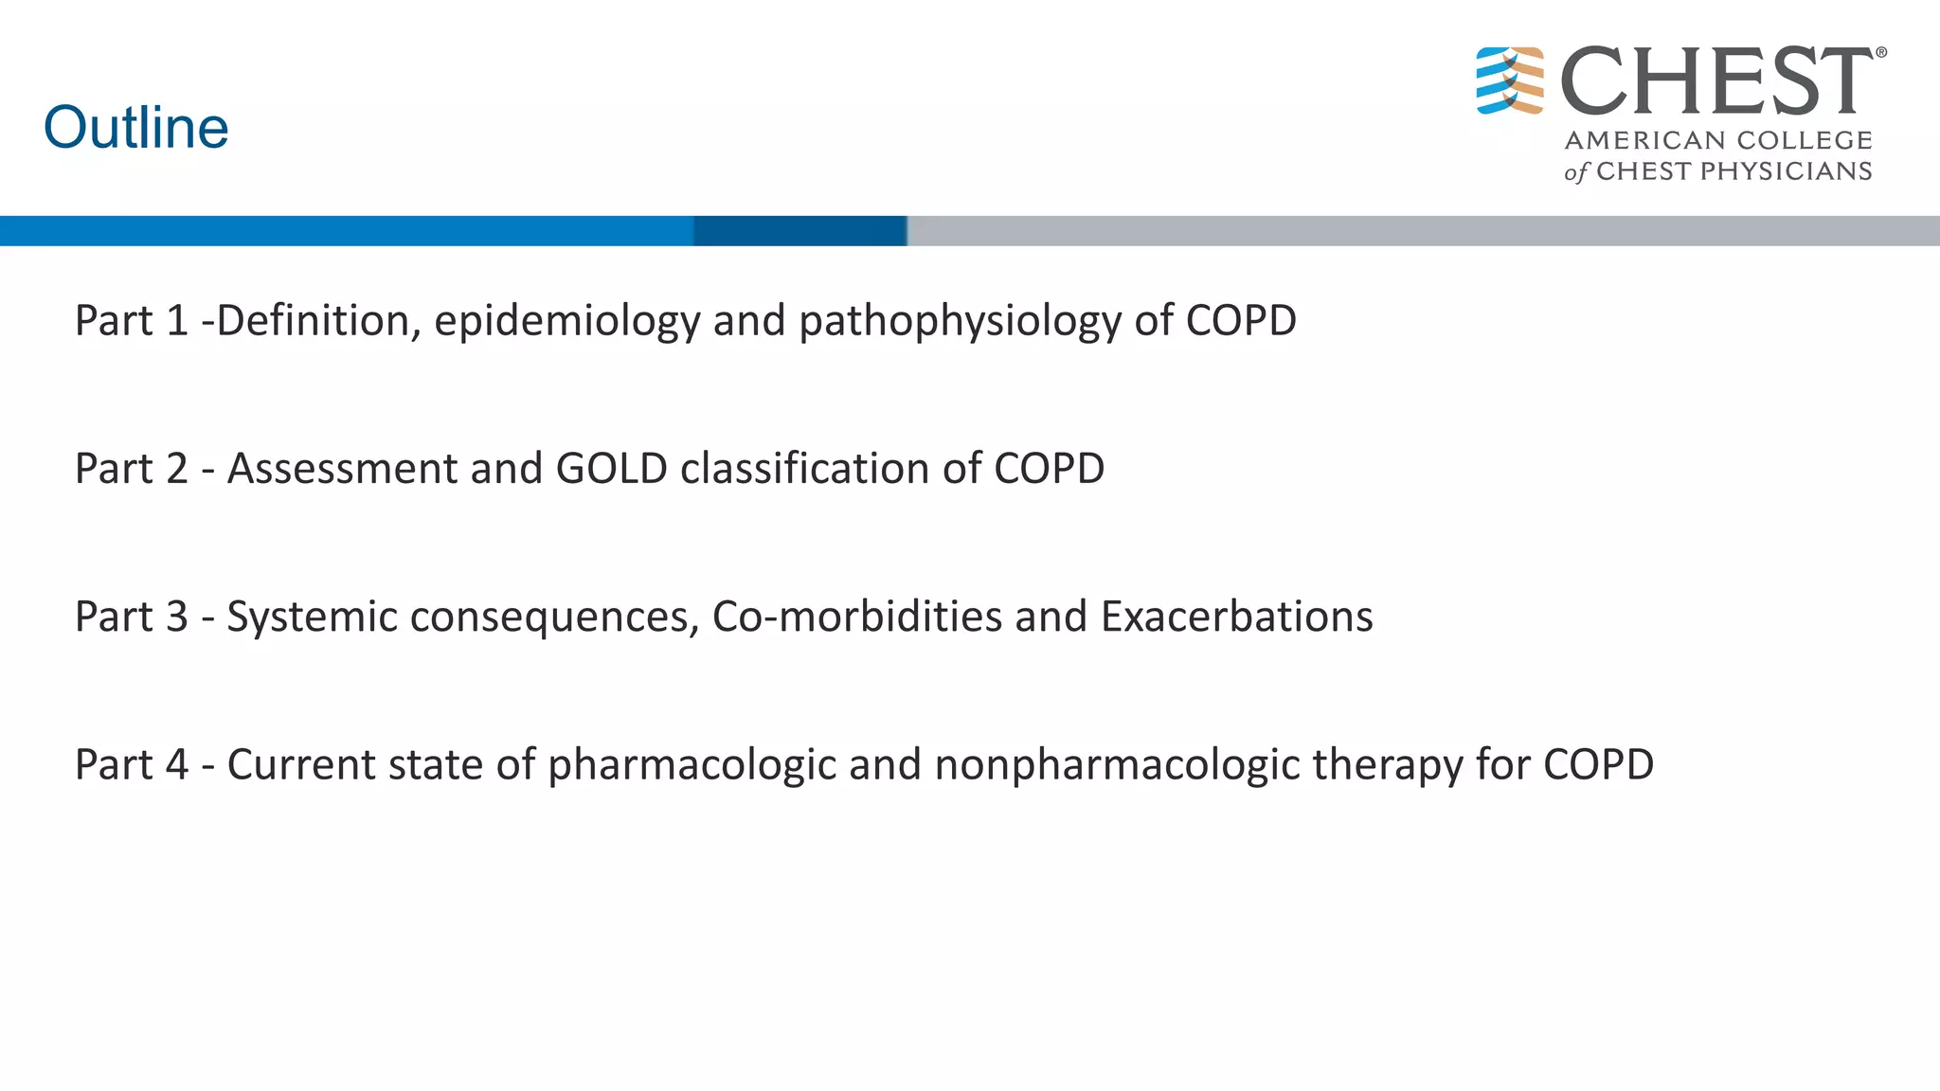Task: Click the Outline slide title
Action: click(136, 128)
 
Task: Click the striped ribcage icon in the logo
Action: click(1510, 80)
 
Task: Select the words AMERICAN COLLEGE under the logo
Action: click(1718, 140)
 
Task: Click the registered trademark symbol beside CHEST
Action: click(1881, 53)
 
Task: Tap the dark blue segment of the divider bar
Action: click(800, 231)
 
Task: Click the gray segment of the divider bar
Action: click(1421, 231)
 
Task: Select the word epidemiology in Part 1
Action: click(567, 321)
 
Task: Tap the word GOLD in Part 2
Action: click(612, 469)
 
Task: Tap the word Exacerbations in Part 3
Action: click(1236, 617)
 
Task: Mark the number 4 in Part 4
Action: click(177, 765)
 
